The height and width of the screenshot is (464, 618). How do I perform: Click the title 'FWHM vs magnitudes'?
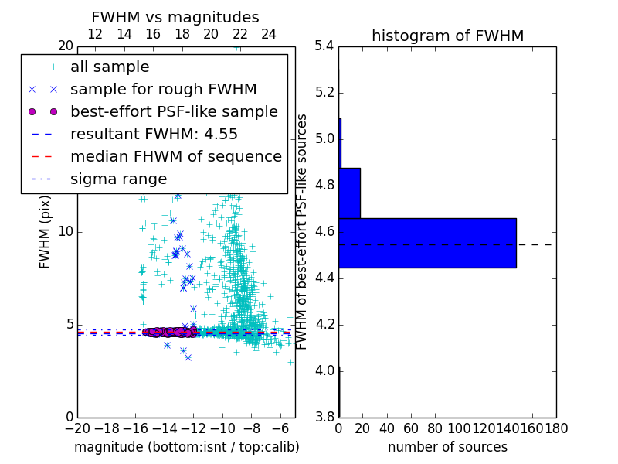(x=175, y=17)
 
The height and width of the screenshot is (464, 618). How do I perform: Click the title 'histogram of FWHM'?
(x=447, y=36)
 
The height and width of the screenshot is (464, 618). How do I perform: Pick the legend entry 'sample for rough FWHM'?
(x=163, y=90)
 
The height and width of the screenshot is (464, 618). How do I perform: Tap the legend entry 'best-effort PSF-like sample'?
(x=174, y=112)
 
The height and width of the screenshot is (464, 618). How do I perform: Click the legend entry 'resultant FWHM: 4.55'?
(x=154, y=135)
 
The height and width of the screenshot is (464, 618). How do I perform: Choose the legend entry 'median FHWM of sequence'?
(x=175, y=157)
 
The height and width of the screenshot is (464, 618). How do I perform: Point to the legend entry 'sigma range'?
(x=118, y=179)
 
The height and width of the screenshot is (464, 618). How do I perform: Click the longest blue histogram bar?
(x=427, y=243)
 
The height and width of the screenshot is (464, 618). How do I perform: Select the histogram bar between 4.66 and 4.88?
(x=349, y=193)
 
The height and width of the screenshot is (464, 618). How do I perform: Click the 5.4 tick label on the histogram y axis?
(x=324, y=46)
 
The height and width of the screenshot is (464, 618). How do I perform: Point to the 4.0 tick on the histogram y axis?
(x=324, y=371)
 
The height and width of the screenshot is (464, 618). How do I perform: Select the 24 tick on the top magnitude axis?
(x=269, y=34)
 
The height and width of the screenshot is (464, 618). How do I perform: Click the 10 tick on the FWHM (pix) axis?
(x=66, y=232)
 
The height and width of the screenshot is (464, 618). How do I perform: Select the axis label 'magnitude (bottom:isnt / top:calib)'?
(x=186, y=447)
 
